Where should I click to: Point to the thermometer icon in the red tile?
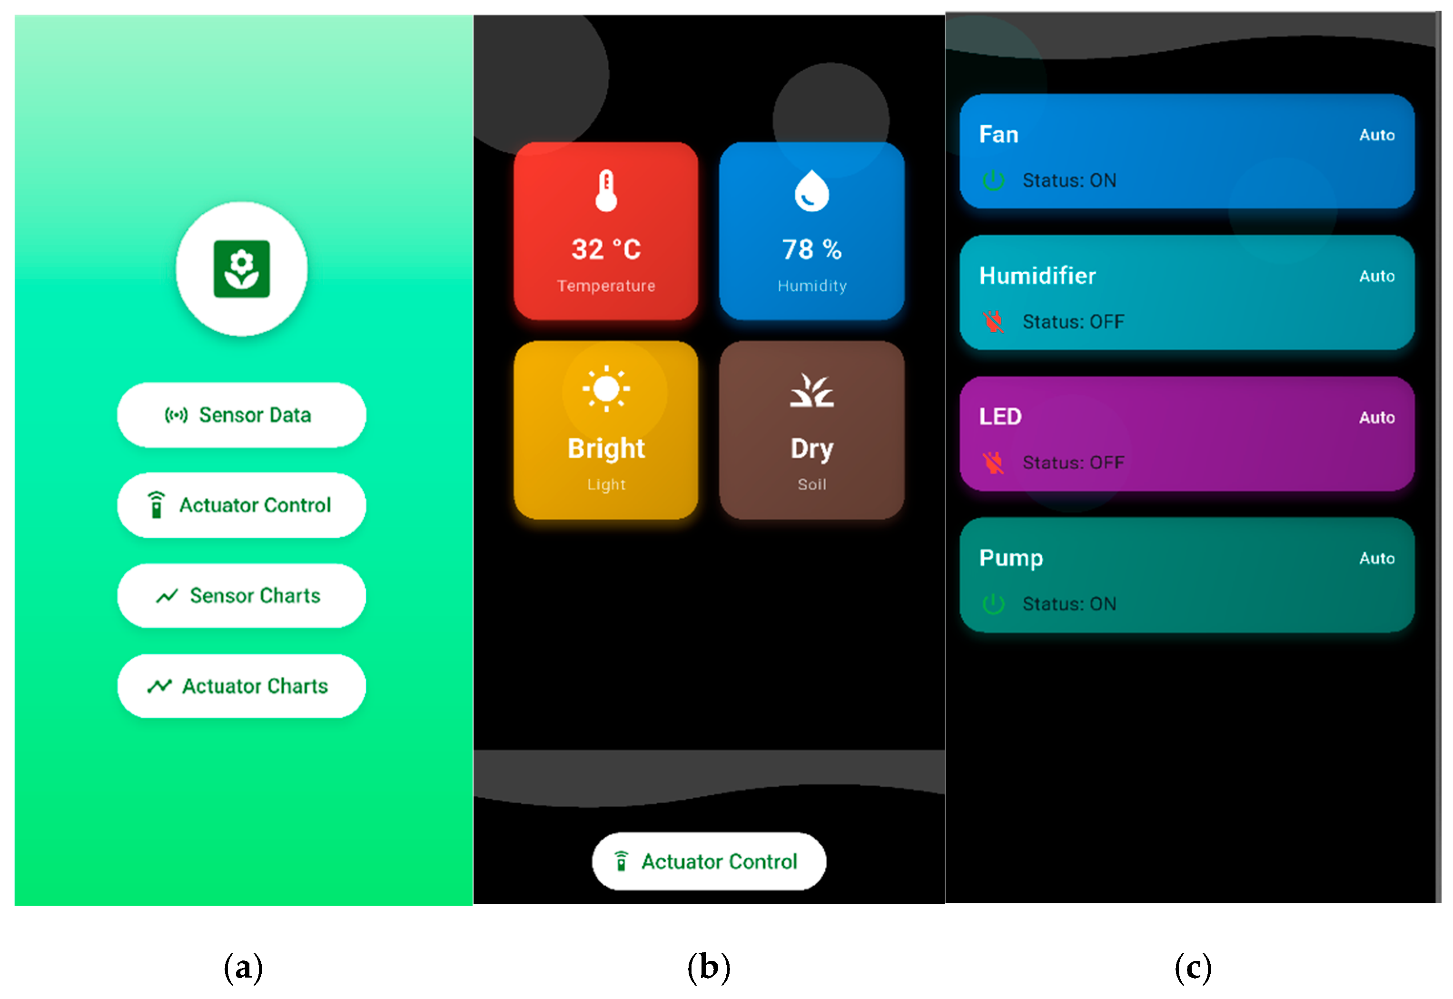pyautogui.click(x=606, y=191)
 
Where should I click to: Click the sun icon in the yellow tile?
pyautogui.click(x=606, y=389)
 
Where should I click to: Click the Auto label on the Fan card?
pyautogui.click(x=1377, y=135)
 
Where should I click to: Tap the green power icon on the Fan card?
pyautogui.click(x=993, y=180)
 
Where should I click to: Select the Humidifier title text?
pyautogui.click(x=1037, y=276)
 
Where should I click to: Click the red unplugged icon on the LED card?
pyautogui.click(x=993, y=463)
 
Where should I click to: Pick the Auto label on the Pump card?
pyautogui.click(x=1377, y=558)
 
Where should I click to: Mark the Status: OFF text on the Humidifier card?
pyautogui.click(x=1073, y=322)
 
